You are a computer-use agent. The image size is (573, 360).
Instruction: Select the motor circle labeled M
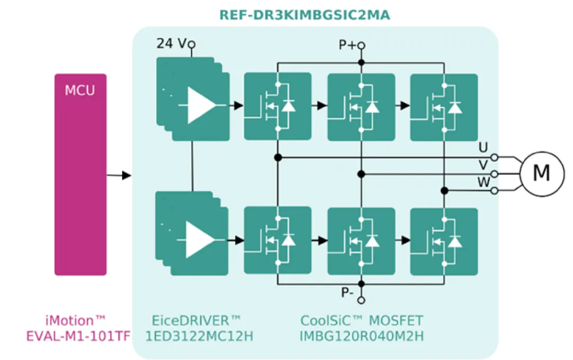tap(541, 173)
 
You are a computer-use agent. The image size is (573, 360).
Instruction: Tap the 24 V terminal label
tap(172, 43)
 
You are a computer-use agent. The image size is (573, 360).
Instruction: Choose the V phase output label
tap(483, 165)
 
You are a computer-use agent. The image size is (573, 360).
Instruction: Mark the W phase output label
tap(483, 182)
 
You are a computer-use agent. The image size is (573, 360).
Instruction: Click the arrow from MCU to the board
tap(119, 175)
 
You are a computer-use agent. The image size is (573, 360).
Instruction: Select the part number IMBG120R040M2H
tap(361, 336)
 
